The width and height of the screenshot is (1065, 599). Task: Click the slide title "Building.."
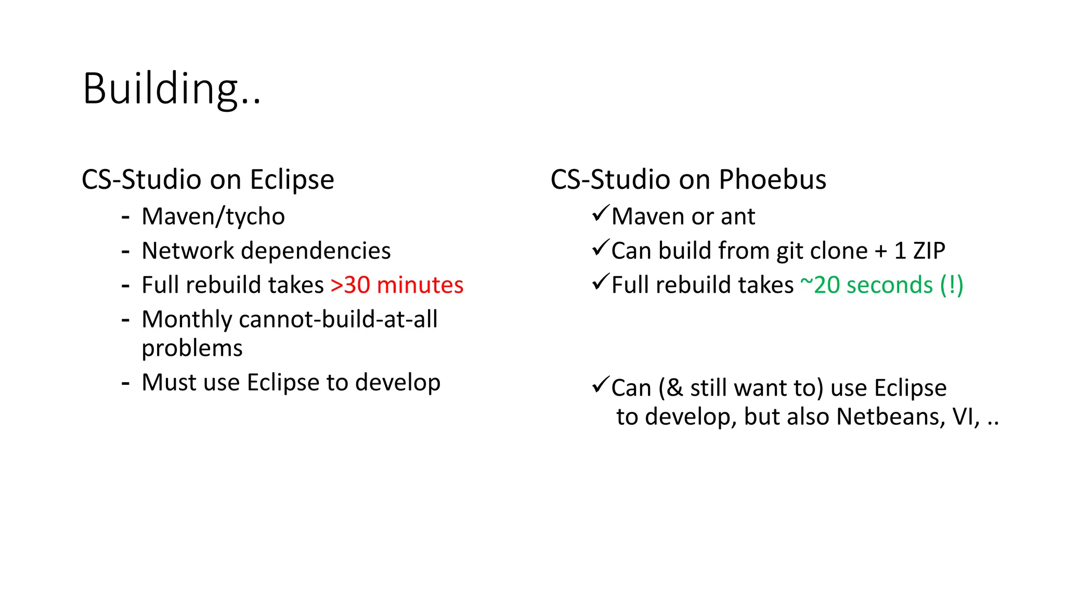tap(172, 89)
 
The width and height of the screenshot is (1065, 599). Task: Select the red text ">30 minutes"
tap(397, 285)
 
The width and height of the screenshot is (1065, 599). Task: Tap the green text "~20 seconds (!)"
tap(881, 285)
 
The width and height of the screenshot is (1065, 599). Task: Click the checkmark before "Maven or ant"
tap(600, 214)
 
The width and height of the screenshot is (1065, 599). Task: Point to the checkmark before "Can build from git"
tap(600, 248)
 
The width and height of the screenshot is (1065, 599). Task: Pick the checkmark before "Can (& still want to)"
tap(600, 385)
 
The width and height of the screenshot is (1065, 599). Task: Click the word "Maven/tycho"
tap(213, 217)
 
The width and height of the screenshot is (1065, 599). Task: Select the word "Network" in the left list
tap(188, 251)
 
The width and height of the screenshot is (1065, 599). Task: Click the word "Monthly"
tap(187, 319)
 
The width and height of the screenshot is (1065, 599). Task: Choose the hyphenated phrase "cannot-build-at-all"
tap(338, 319)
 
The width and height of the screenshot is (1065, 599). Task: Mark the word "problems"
tap(192, 348)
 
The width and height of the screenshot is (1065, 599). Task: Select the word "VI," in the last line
tap(966, 417)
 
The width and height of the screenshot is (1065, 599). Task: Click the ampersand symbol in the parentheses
tap(674, 388)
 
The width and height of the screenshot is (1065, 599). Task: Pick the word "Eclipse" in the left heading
tap(292, 180)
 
